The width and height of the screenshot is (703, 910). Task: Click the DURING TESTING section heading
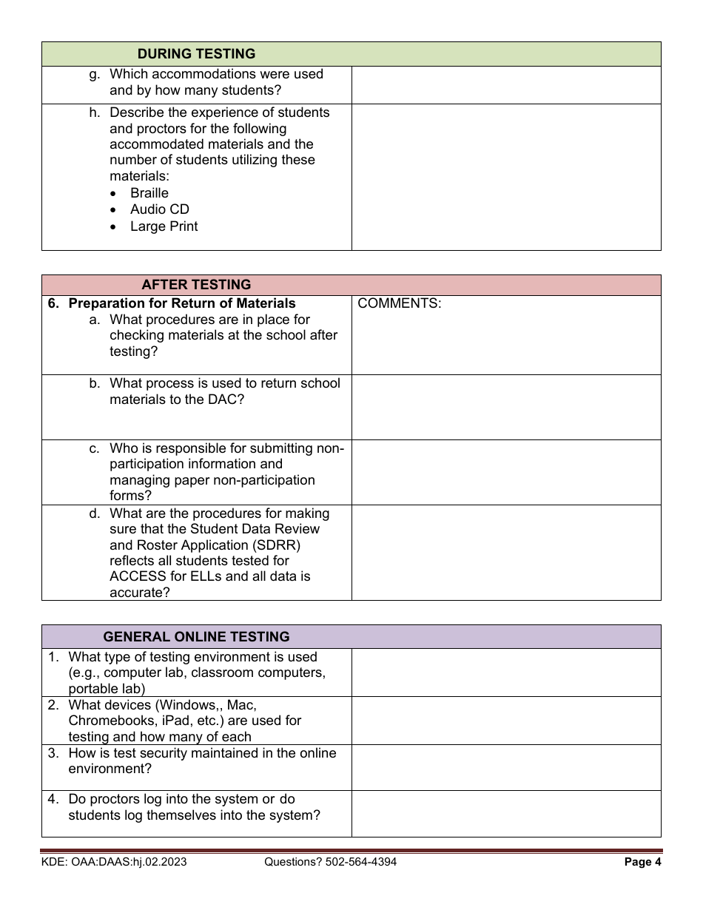tap(196, 54)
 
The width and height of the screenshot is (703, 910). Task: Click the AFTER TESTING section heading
tap(196, 285)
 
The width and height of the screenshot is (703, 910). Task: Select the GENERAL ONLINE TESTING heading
tap(196, 636)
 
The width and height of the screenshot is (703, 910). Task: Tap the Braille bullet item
tap(149, 193)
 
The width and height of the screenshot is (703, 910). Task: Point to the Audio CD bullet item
tap(159, 209)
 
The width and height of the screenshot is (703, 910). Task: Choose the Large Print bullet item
tap(164, 226)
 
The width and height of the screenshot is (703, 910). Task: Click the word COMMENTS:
tap(399, 303)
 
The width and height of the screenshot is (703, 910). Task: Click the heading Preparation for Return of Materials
tap(181, 303)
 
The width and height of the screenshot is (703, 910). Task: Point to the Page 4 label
tap(638, 862)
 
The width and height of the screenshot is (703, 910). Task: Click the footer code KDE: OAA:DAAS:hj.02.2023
tap(114, 862)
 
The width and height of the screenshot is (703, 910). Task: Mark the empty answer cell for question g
tap(505, 85)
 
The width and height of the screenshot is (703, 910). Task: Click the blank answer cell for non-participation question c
tap(505, 472)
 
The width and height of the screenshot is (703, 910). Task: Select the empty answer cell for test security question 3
tap(505, 766)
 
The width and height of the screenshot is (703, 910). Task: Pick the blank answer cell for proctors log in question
tap(505, 813)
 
